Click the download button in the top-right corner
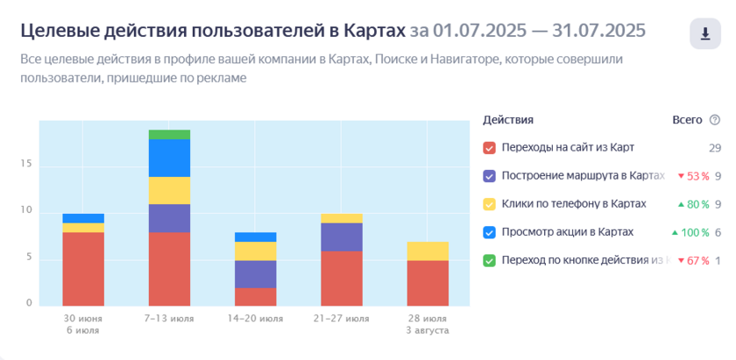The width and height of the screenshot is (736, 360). [x=704, y=34]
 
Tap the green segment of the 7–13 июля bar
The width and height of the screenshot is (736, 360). [x=169, y=134]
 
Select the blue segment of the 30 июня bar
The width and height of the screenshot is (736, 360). [x=83, y=218]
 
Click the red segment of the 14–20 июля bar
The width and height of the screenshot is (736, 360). [x=255, y=297]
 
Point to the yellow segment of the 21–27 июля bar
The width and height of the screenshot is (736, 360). [x=341, y=218]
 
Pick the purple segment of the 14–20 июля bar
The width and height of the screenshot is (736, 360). [x=255, y=274]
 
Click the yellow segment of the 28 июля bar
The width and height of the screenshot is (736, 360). [x=427, y=251]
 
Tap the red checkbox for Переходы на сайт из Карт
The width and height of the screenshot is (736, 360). [x=489, y=147]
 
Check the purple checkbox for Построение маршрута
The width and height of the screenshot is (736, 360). [x=489, y=175]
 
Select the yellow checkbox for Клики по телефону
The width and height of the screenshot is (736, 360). [x=489, y=204]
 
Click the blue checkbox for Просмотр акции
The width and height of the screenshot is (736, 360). [x=489, y=232]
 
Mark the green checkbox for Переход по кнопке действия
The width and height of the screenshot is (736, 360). [x=489, y=260]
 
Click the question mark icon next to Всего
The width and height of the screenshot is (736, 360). [x=715, y=120]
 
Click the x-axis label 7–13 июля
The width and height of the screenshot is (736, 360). [x=169, y=319]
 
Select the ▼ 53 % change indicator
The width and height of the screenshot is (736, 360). [x=693, y=176]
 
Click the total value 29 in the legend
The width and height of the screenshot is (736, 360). [x=715, y=147]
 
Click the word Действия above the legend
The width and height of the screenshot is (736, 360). [x=508, y=120]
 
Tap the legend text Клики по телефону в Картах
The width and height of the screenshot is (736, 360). [x=573, y=204]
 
